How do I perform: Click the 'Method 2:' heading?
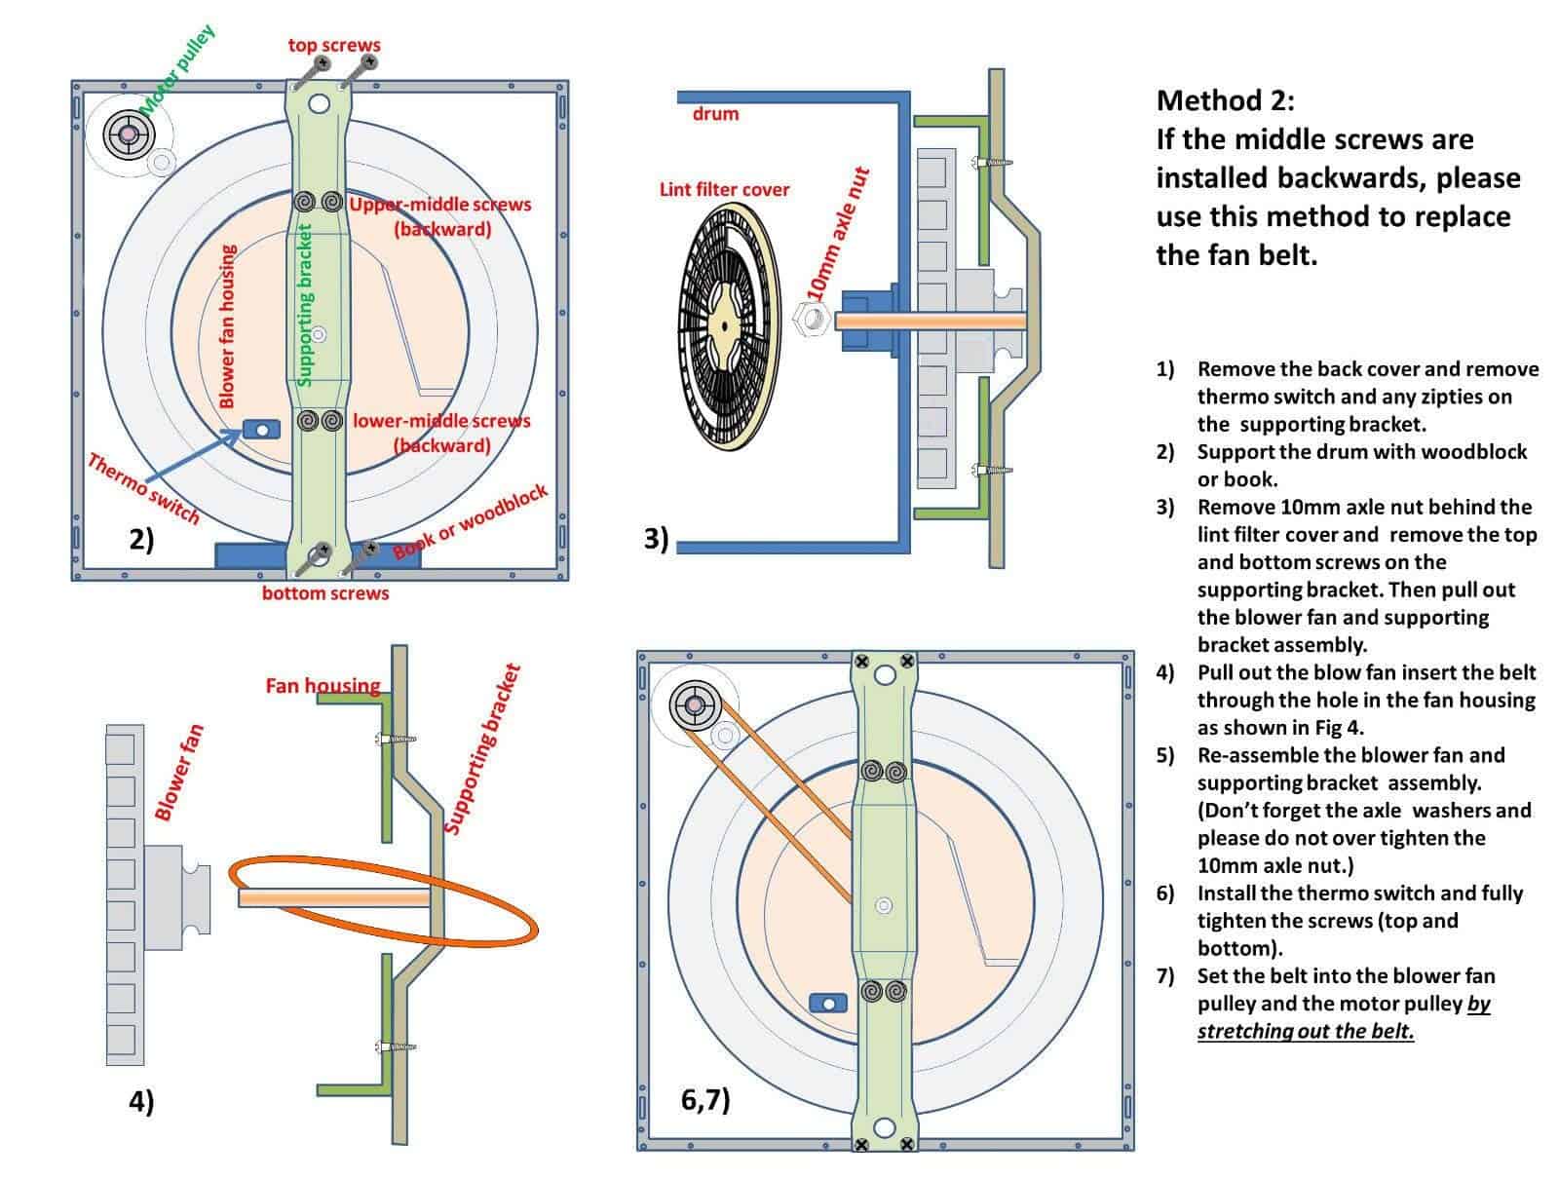tap(1225, 100)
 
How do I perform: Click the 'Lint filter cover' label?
tap(724, 189)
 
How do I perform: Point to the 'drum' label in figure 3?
tap(715, 114)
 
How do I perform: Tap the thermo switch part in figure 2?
tap(261, 428)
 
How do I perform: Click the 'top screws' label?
tap(334, 45)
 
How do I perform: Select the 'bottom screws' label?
tap(324, 592)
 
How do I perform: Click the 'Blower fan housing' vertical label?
tap(227, 325)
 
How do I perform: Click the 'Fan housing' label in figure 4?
tap(323, 686)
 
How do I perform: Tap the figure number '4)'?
tap(141, 1101)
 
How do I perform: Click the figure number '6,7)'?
tap(705, 1100)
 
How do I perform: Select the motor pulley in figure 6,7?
tap(697, 704)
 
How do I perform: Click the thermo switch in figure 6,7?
tap(827, 1003)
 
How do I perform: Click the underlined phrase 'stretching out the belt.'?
tap(1306, 1031)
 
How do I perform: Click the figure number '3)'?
tap(657, 538)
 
